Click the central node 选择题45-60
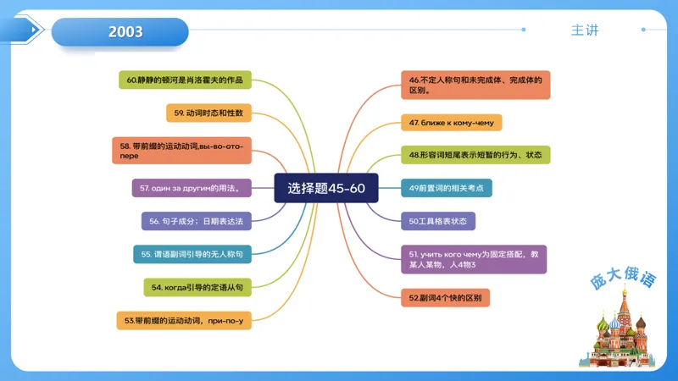(x=326, y=188)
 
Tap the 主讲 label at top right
(x=585, y=30)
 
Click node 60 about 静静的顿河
(x=185, y=80)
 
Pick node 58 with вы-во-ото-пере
(x=181, y=151)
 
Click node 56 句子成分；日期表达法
(x=196, y=221)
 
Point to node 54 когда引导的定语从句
(x=197, y=287)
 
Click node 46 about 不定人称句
(x=475, y=85)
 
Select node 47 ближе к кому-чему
(x=452, y=123)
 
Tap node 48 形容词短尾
(x=475, y=155)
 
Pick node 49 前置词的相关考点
(x=446, y=188)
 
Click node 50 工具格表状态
(x=438, y=221)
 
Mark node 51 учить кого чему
(x=474, y=259)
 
